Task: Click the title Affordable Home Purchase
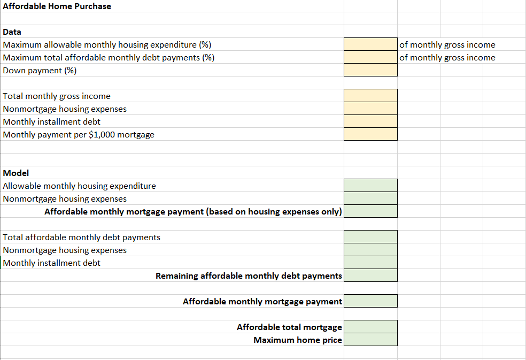point(57,6)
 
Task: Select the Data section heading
point(12,32)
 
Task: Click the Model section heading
point(16,173)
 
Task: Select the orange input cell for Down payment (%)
point(370,71)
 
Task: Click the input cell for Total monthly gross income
point(370,96)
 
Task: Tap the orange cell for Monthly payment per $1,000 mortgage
point(370,135)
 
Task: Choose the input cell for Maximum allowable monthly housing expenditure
point(370,45)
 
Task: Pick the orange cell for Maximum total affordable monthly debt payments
point(370,58)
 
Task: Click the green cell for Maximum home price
point(370,340)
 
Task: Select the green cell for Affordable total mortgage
point(370,327)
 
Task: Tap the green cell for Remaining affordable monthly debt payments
point(370,276)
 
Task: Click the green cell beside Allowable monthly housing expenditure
point(370,186)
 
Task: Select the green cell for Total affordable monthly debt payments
point(370,238)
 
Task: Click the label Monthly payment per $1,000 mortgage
point(79,135)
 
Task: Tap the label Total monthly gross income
point(57,96)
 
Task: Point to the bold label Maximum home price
point(298,340)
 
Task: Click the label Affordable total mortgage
point(289,327)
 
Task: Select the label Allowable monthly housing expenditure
point(80,186)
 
